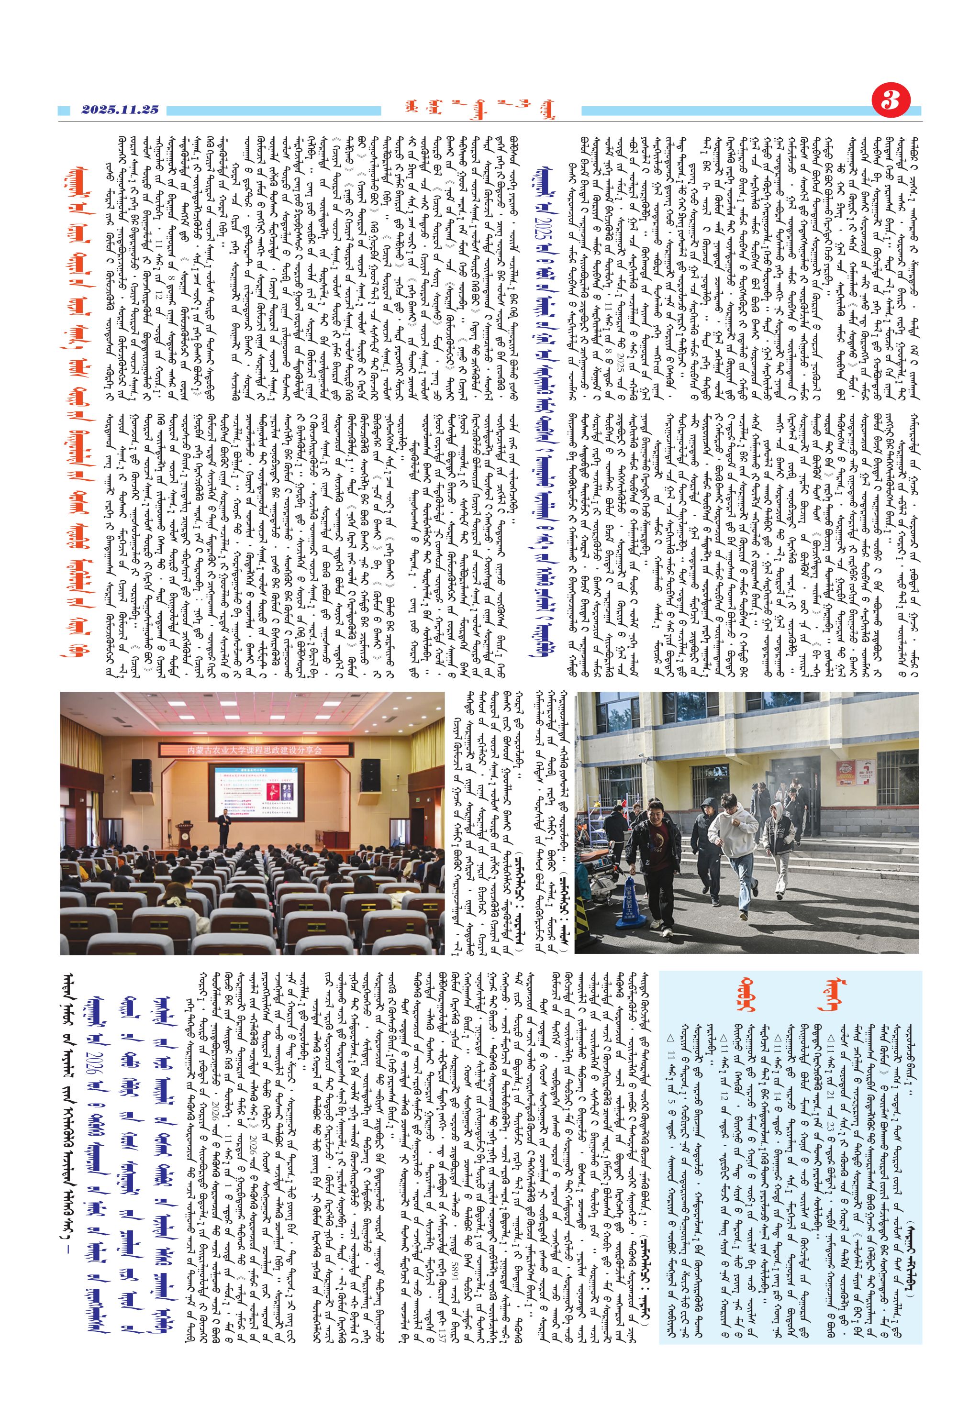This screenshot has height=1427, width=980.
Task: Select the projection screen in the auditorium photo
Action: click(256, 792)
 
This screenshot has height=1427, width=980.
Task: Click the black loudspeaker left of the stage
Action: click(141, 775)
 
